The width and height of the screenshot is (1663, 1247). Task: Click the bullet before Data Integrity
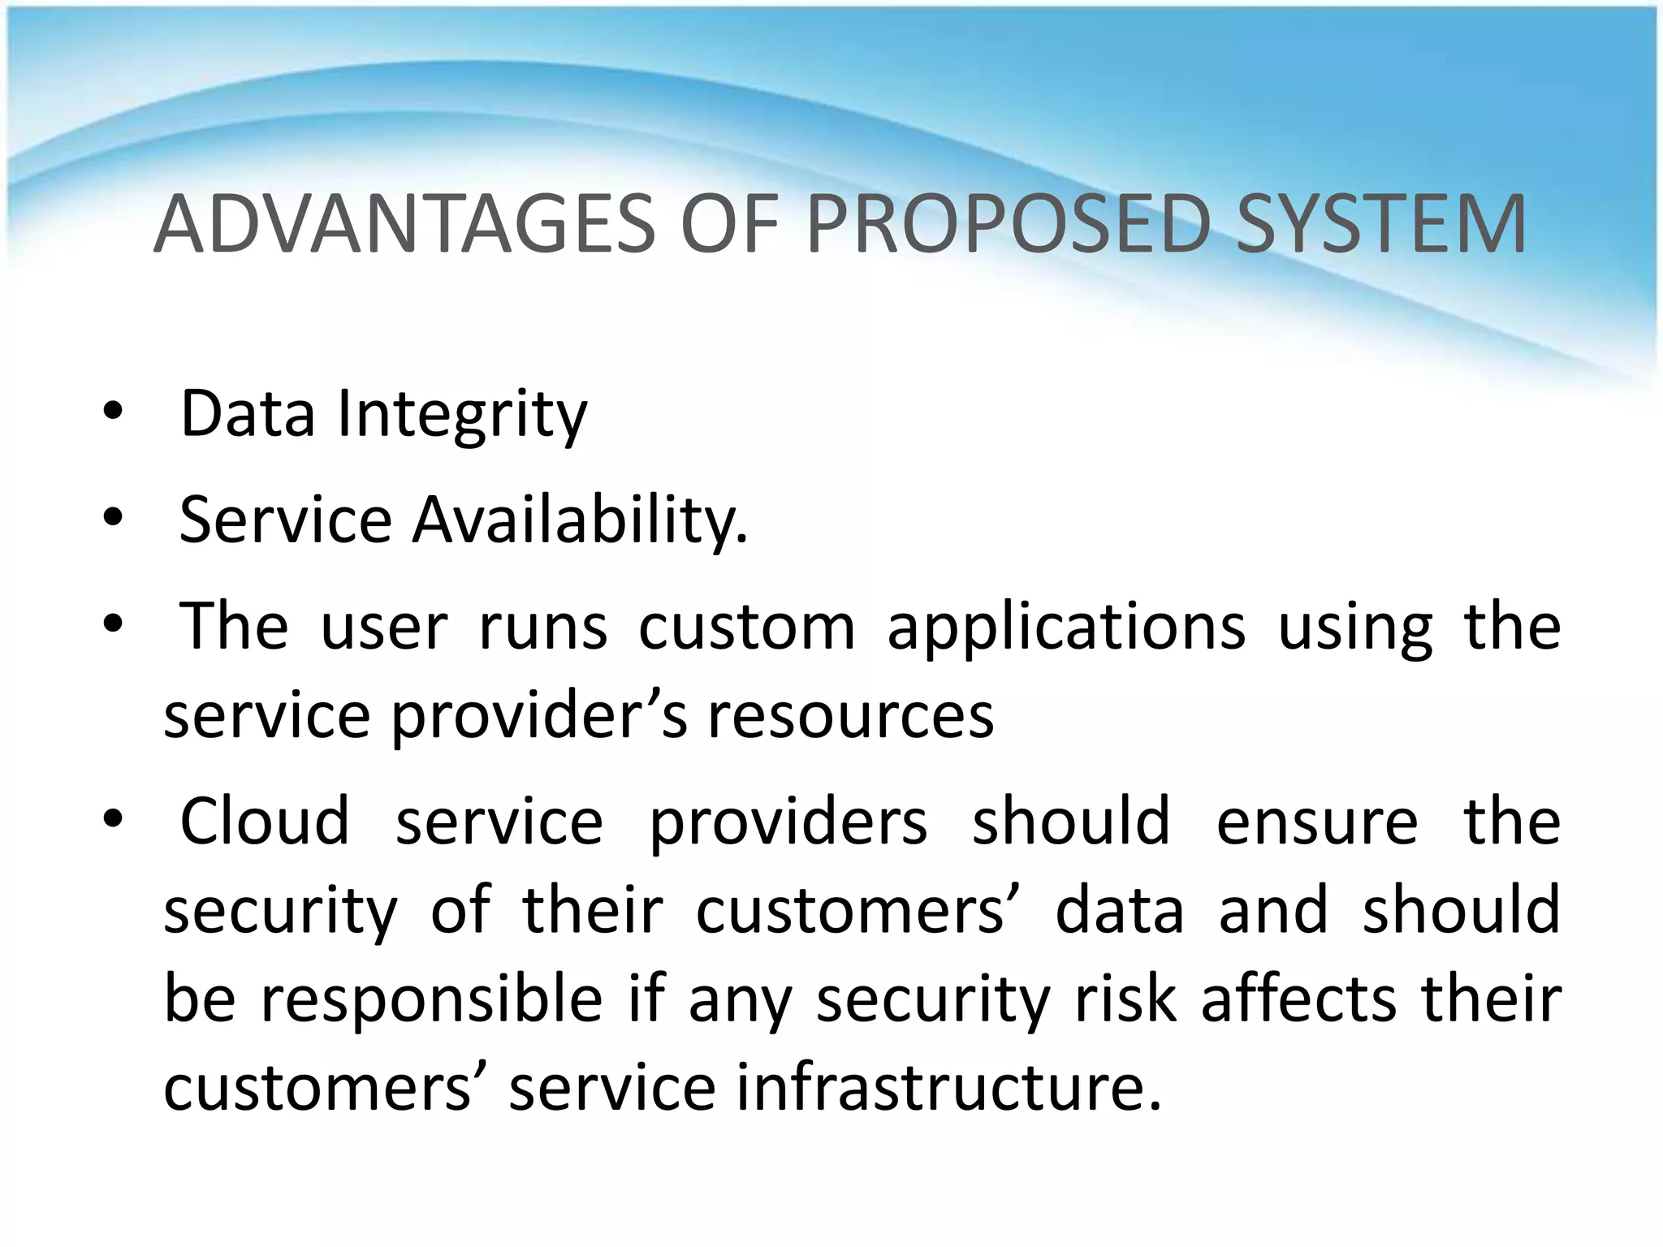pos(113,414)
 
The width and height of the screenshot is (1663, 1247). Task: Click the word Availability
pos(580,520)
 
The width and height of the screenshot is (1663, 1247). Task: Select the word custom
pos(746,628)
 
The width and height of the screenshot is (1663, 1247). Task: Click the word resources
pos(850,716)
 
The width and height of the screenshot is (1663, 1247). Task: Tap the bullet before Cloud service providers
pos(113,820)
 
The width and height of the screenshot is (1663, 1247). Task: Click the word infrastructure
pos(948,1088)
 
